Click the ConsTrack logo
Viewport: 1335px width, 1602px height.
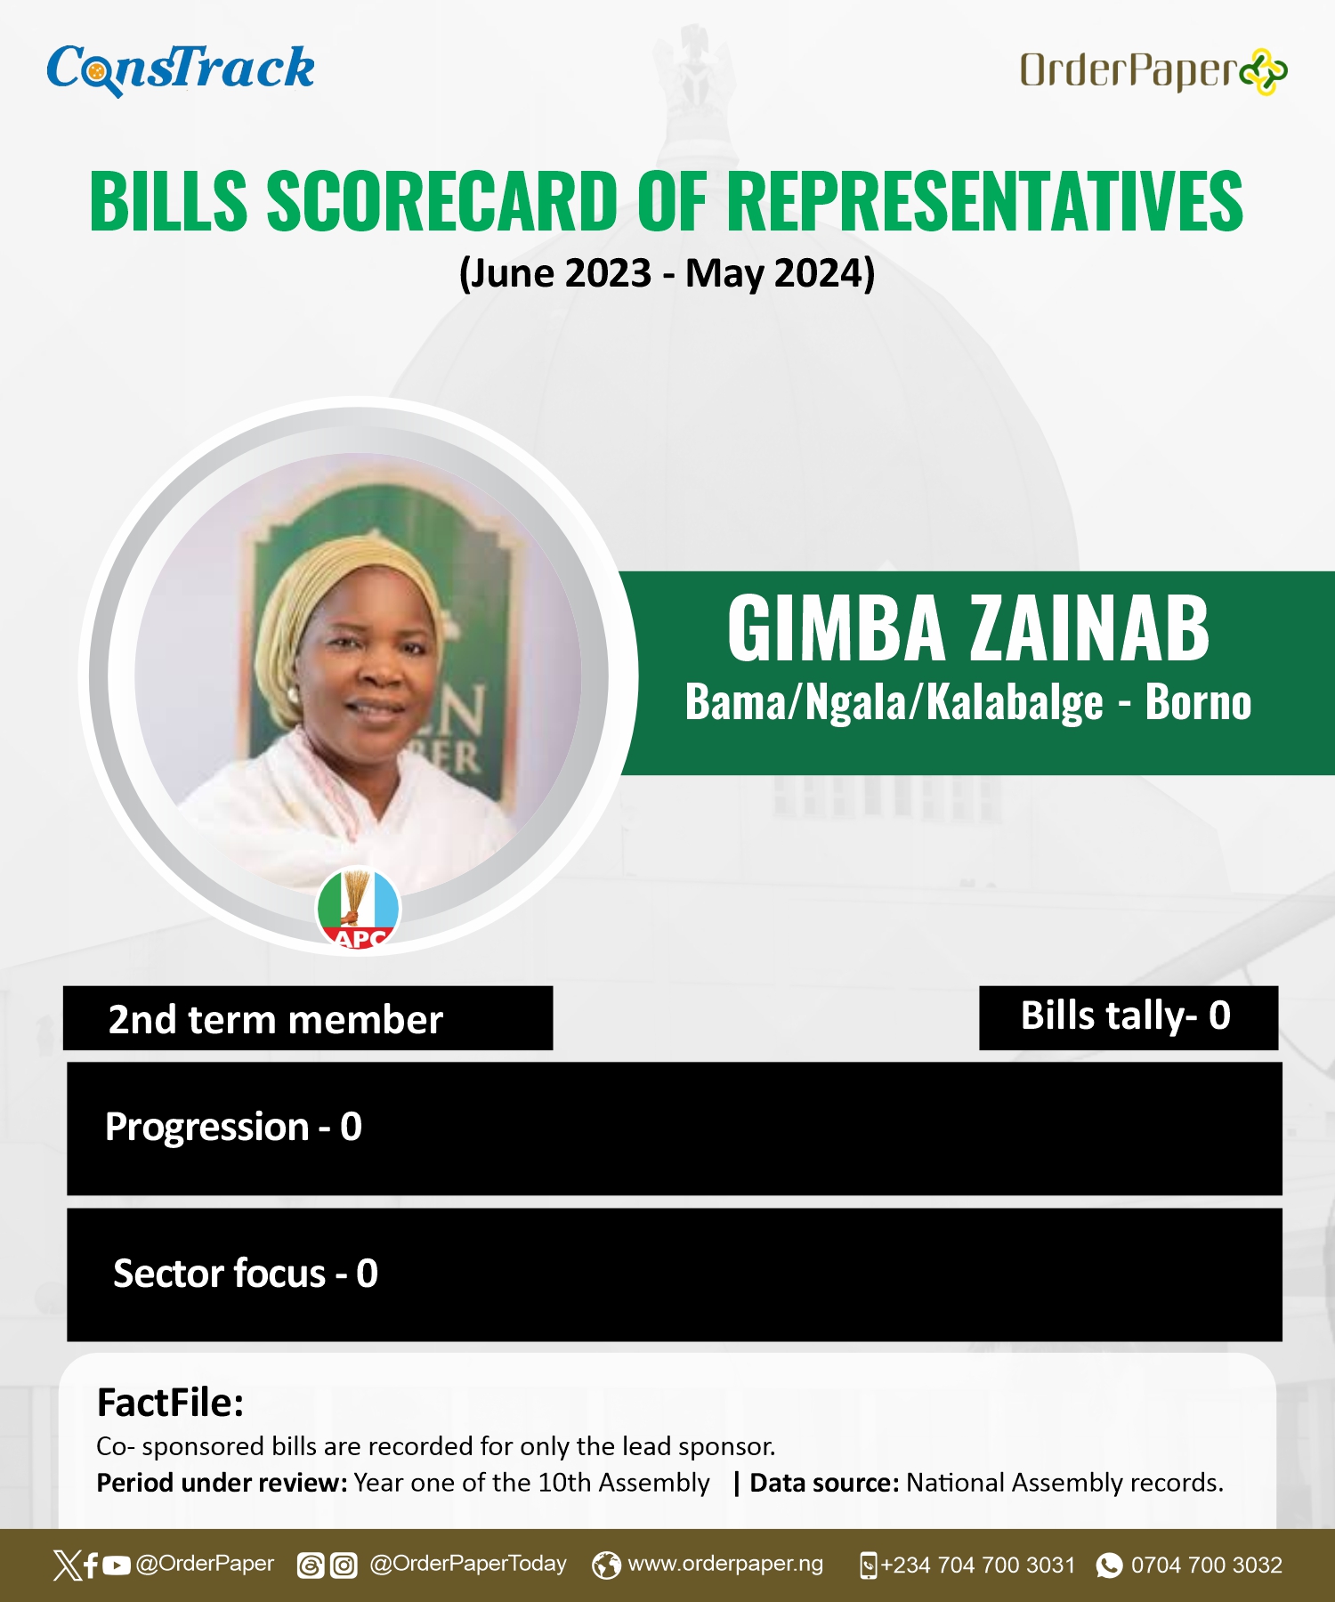(x=181, y=69)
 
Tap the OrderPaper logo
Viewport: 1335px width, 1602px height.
(x=1153, y=71)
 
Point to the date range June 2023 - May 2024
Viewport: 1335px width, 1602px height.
(x=667, y=272)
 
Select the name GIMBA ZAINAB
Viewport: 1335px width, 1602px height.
(x=968, y=628)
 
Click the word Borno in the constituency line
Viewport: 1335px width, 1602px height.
(x=1198, y=702)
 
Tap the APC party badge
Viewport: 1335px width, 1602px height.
(x=359, y=908)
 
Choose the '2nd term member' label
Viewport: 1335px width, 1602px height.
(x=276, y=1019)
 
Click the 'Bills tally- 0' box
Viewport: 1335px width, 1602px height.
(x=1129, y=1017)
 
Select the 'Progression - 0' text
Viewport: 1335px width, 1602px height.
(x=233, y=1127)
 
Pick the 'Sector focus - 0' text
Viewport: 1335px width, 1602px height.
(x=246, y=1274)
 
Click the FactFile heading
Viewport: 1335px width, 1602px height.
(x=170, y=1403)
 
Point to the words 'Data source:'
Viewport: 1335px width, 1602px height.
(x=824, y=1483)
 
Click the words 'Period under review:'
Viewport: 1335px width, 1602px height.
(x=222, y=1483)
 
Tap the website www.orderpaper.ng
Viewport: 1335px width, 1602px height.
(x=725, y=1564)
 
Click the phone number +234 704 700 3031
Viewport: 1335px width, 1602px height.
(x=978, y=1565)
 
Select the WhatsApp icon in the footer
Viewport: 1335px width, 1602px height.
(x=1109, y=1565)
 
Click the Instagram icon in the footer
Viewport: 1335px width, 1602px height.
(x=344, y=1565)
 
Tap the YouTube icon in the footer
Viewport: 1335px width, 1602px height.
(x=117, y=1565)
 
